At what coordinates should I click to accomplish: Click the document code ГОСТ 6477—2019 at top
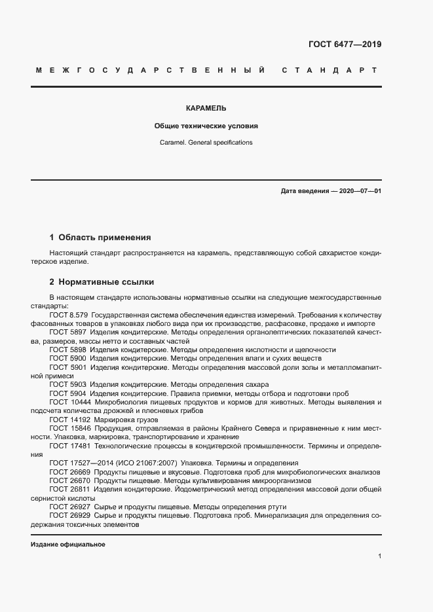point(345,45)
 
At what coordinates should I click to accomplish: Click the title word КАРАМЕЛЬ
point(206,108)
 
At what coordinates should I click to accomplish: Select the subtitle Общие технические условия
point(206,125)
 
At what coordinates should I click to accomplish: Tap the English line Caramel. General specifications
point(206,142)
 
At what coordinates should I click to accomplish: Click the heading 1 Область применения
point(100,238)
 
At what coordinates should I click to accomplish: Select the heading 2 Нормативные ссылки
point(102,282)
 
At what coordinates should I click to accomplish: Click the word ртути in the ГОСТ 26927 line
point(277,507)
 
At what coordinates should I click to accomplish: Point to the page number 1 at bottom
point(379,556)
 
